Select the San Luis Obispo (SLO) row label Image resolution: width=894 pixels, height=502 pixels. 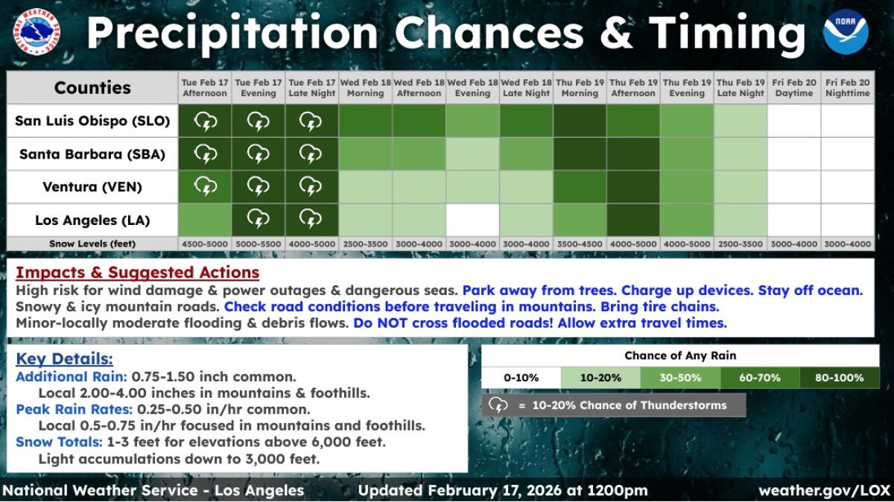coord(93,121)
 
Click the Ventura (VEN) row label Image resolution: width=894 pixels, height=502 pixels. coord(93,188)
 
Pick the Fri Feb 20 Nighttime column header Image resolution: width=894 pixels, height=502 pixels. coord(847,88)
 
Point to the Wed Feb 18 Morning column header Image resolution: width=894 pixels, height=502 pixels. coord(365,88)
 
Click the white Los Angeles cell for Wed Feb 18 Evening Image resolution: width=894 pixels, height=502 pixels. coord(472,220)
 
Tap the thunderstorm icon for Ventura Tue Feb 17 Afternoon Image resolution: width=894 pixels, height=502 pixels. coord(205,187)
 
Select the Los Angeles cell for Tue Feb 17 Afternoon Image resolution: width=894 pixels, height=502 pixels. coord(205,220)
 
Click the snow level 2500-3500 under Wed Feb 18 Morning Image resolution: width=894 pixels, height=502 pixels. coord(365,244)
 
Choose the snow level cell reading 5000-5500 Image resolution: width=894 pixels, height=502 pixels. coord(258,244)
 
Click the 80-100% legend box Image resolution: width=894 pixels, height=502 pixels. coord(839,378)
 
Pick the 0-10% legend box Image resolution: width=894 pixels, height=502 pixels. coord(521,378)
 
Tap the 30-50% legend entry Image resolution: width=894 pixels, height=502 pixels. coord(680,378)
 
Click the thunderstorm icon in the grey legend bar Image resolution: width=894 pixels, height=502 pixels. coord(498,405)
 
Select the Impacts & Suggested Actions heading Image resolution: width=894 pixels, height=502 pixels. coord(137,273)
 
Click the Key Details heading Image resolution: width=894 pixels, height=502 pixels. coord(64,359)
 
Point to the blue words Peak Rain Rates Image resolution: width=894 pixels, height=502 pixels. coord(72,410)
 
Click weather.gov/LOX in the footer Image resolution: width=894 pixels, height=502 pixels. coord(823,491)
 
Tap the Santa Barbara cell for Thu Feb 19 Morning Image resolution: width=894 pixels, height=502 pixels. coord(580,154)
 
